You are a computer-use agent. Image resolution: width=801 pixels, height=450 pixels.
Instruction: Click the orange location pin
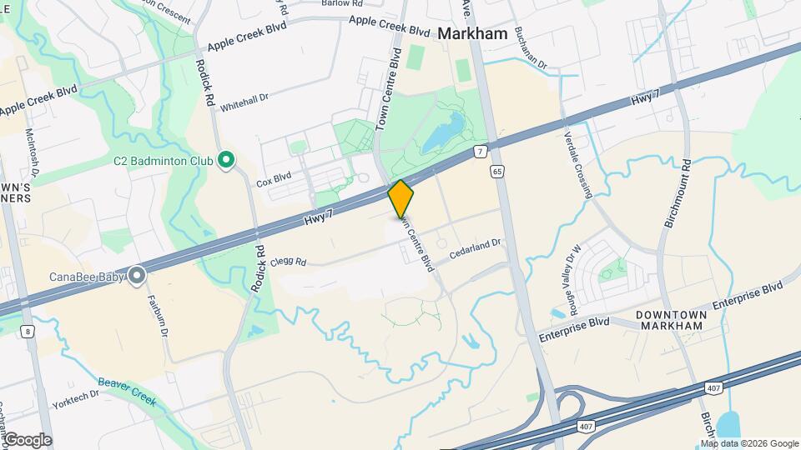tap(401, 199)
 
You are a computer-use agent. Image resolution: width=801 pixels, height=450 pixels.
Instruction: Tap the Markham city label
tap(472, 34)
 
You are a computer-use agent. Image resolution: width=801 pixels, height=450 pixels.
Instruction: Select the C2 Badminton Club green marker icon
tap(224, 160)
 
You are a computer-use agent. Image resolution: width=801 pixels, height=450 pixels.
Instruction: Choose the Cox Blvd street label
tap(274, 178)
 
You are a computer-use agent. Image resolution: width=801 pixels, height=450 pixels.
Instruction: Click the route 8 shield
tap(30, 332)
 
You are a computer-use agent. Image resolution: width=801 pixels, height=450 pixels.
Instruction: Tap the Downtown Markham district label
tap(672, 319)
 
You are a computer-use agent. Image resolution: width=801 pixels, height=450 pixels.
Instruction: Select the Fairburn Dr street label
tap(159, 317)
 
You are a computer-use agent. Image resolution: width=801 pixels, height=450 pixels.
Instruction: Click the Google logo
tap(28, 439)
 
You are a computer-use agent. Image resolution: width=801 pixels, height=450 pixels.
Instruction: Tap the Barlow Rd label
tap(343, 3)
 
